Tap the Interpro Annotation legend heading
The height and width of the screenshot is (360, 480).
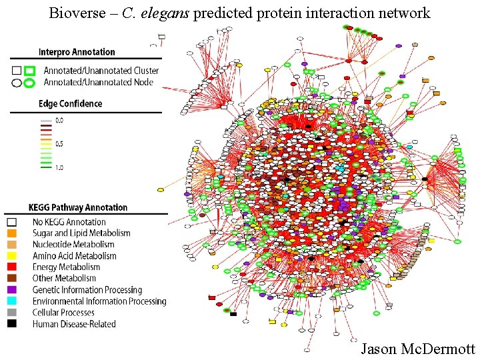pos(77,52)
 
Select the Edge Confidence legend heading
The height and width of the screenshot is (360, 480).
pos(70,103)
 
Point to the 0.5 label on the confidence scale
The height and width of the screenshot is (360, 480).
pos(59,144)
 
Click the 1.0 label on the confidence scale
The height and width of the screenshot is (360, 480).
pos(59,167)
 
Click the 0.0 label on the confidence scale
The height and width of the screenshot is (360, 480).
pos(59,121)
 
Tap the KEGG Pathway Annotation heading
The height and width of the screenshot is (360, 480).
pos(77,207)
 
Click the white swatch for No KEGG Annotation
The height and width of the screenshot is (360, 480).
pos(11,222)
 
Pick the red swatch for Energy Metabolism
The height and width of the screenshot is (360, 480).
pos(11,267)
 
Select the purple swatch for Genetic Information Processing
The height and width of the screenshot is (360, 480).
pos(11,290)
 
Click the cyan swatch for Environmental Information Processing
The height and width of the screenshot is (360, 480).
pos(11,301)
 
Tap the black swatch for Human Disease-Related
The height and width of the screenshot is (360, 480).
pos(11,324)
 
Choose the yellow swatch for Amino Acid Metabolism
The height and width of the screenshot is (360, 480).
pos(11,256)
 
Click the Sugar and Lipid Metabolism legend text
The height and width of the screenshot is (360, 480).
pos(81,233)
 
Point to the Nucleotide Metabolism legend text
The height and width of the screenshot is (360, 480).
pos(73,245)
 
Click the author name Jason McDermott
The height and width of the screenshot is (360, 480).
pos(417,349)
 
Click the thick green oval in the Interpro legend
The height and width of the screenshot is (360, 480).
pos(29,83)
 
